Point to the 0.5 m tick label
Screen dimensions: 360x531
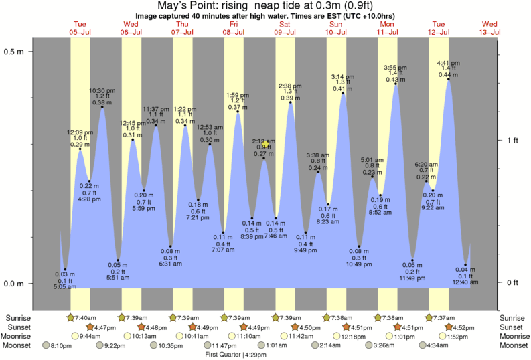15,51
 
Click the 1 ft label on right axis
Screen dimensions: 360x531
514,140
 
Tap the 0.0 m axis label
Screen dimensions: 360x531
15,283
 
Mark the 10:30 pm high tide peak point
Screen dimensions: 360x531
102,107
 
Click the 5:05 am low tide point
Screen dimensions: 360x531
65,269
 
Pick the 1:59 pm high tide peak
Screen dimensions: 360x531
238,112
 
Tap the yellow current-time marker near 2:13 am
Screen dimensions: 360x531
267,143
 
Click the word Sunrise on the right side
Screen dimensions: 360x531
513,317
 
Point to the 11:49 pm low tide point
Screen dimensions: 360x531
412,260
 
